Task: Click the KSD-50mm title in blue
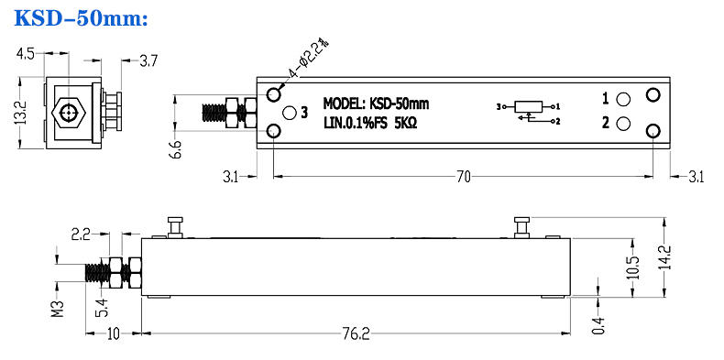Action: tap(82, 17)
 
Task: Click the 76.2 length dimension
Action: tap(357, 334)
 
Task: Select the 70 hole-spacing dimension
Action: tap(464, 177)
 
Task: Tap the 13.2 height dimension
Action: tap(22, 113)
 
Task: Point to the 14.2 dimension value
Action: tap(666, 257)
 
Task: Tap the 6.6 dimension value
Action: tap(176, 150)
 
